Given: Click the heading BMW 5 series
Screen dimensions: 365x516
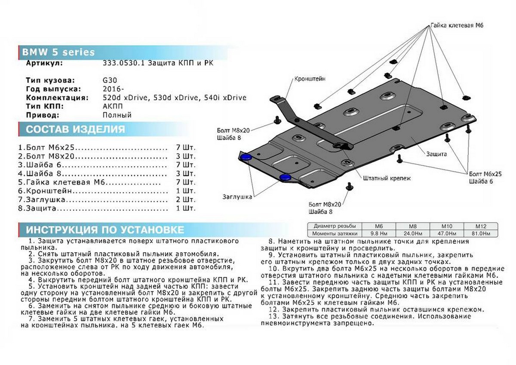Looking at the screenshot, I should tap(58, 53).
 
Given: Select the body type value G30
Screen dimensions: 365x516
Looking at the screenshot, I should tap(109, 80).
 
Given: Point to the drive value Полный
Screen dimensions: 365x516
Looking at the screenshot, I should tap(117, 115).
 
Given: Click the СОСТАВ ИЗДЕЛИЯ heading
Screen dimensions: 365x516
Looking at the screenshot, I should tap(76, 130).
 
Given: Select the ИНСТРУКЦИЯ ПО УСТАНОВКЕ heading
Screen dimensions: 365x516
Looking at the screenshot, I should tap(105, 229).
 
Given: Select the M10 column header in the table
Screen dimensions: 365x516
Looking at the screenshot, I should tap(449, 226).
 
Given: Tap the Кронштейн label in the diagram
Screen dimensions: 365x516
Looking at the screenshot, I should tap(310, 79).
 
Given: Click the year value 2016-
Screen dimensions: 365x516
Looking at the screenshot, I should tap(113, 89).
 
